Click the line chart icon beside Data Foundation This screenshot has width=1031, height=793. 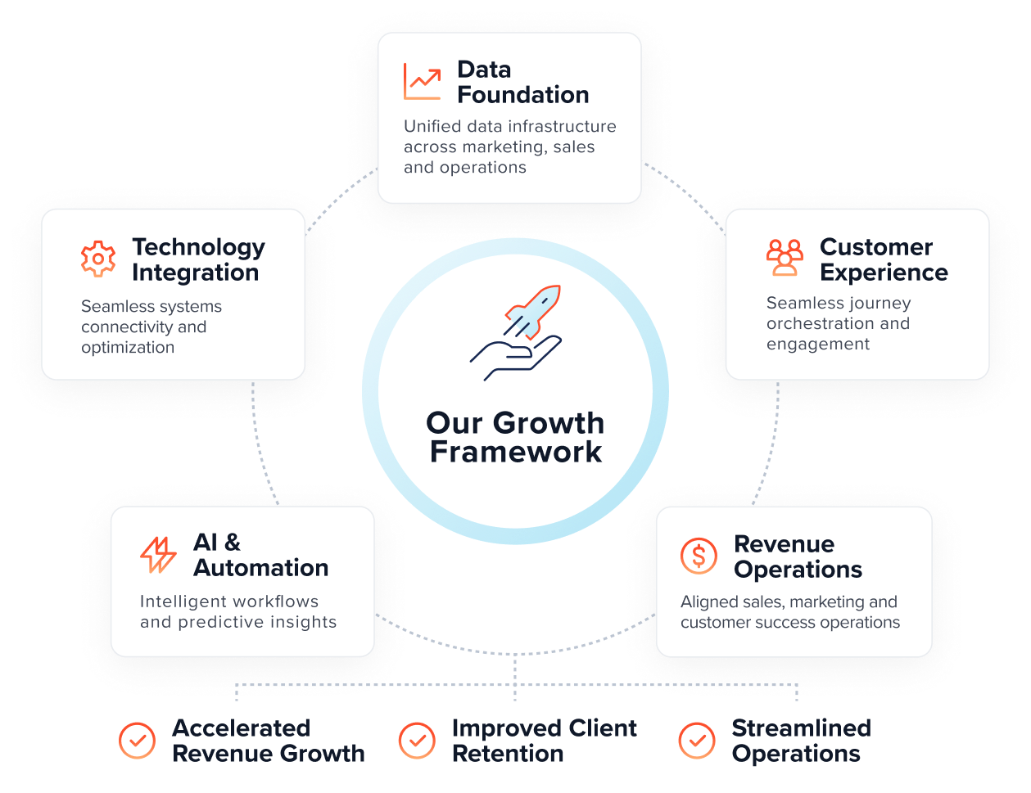[422, 82]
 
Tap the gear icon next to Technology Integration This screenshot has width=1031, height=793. [98, 259]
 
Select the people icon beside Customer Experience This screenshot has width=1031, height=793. [785, 258]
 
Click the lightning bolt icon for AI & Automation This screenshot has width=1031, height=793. [158, 555]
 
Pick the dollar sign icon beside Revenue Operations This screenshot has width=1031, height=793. [699, 556]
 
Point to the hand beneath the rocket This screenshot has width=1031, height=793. [513, 358]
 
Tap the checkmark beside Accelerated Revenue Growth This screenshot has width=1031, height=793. [137, 741]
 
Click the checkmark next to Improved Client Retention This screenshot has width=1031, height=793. [417, 741]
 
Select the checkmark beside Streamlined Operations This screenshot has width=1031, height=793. [697, 741]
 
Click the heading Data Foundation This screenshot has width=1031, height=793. [522, 82]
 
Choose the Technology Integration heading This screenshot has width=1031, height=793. [198, 259]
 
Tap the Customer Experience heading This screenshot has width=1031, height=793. [884, 259]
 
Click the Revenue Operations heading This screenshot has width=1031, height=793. [798, 556]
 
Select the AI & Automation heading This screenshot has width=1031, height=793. [260, 555]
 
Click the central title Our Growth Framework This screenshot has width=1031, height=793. [515, 437]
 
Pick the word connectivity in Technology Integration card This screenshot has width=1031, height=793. [133, 327]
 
